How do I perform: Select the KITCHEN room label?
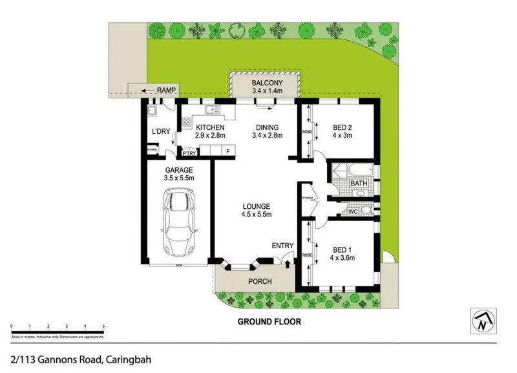point(209,127)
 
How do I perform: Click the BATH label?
point(359,184)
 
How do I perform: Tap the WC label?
point(353,211)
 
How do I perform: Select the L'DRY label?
point(160,132)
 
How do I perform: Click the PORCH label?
point(260,281)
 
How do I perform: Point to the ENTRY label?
point(282,246)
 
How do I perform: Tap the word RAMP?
point(166,91)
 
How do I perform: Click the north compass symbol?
point(481,321)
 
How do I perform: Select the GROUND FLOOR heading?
point(269,321)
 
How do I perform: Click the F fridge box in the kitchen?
point(226,151)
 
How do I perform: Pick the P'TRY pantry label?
point(189,153)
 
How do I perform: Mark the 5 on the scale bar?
point(103,326)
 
